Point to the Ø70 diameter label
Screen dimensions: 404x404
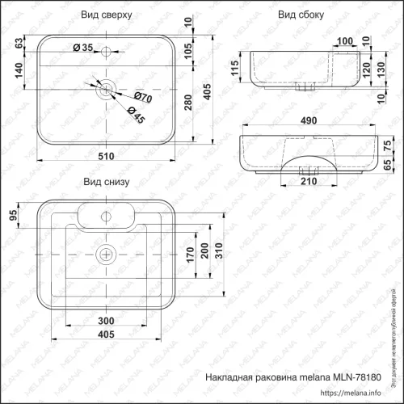(143, 97)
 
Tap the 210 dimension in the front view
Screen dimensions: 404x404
(308, 181)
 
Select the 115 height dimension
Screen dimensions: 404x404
(234, 69)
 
